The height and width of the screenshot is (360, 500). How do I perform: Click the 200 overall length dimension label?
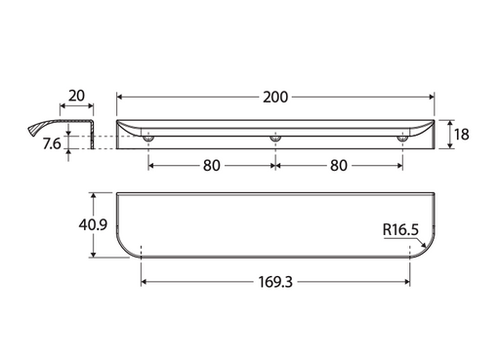coord(275,98)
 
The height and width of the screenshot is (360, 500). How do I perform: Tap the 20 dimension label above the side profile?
coord(76,96)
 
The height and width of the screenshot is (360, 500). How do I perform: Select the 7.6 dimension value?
coord(52,143)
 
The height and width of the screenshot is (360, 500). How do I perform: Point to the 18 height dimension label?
coord(462,135)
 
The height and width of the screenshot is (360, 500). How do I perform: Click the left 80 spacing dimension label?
coord(212,166)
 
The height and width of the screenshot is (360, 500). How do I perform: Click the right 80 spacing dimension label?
coord(339,166)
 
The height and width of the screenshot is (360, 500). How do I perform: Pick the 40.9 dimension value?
coord(93,224)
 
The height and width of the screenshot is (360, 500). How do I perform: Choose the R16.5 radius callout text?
coord(400,229)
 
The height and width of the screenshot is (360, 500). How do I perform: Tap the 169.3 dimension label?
coord(275,282)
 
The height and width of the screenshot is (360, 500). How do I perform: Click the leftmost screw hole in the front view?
coord(148,139)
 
